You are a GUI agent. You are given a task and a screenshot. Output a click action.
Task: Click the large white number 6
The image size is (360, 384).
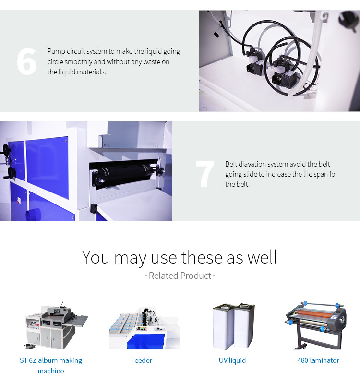point(27,61)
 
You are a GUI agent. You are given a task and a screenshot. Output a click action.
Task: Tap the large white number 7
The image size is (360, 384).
point(205,174)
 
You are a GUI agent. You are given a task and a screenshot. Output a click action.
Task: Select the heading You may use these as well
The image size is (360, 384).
point(180,257)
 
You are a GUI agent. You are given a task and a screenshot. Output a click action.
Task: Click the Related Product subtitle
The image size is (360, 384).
point(180,276)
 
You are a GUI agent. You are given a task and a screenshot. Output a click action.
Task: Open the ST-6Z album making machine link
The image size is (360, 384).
point(51,365)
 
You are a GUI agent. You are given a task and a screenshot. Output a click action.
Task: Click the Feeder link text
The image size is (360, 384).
point(142,360)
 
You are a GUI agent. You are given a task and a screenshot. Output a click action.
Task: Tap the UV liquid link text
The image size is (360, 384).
point(232,360)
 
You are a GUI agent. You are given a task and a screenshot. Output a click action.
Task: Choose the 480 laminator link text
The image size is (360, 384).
point(318,360)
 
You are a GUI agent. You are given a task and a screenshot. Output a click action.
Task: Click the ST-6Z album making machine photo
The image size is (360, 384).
point(56,325)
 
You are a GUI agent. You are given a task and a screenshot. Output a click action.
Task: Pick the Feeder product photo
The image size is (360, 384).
point(144,328)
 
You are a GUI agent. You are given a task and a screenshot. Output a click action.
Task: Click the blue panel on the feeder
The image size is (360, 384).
point(145,340)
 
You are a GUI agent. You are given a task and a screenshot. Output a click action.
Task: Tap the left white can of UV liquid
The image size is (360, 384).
point(223,326)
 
